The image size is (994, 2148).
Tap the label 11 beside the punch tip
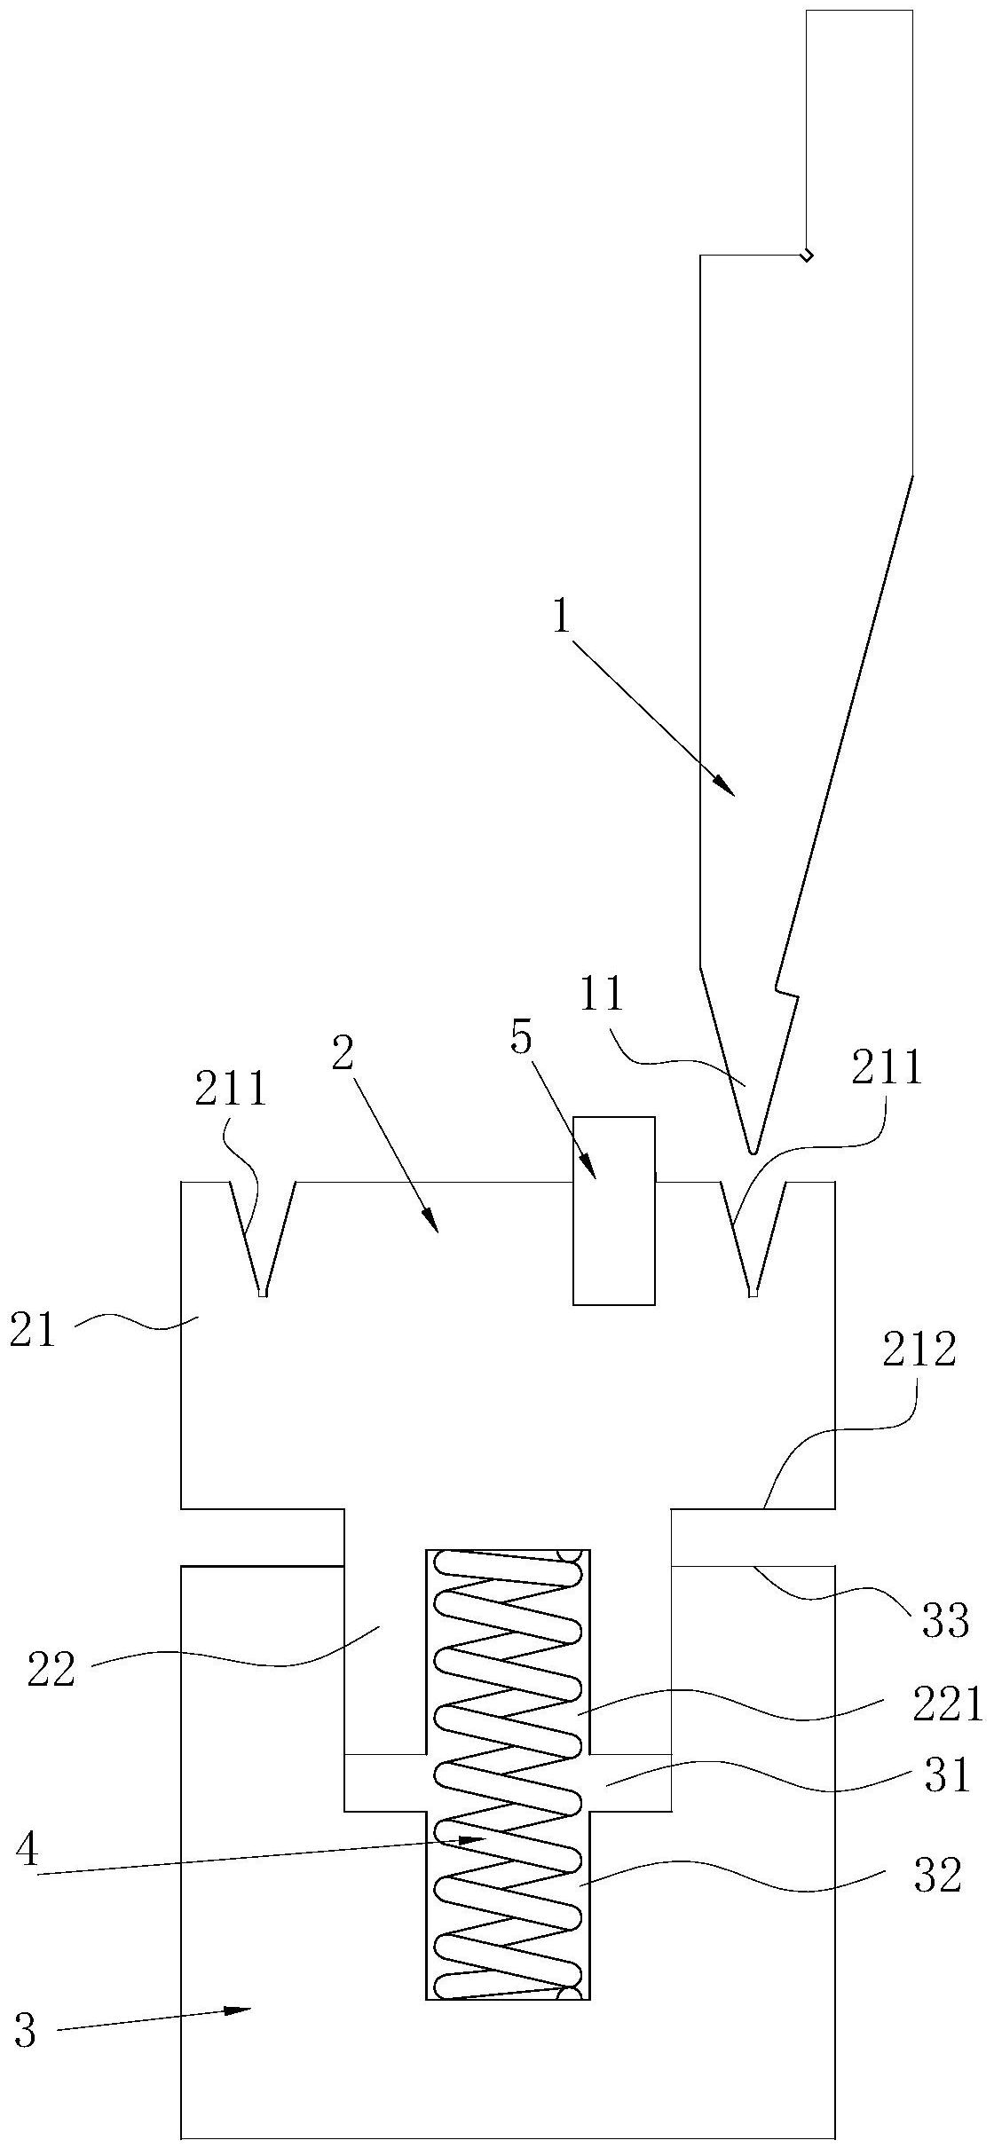click(x=602, y=995)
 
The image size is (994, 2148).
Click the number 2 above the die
click(x=343, y=1055)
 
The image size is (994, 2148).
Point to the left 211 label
click(x=231, y=1090)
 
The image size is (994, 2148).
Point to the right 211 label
click(x=887, y=1070)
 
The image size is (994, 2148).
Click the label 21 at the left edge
click(x=33, y=1333)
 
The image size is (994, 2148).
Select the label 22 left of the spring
click(x=51, y=1670)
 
